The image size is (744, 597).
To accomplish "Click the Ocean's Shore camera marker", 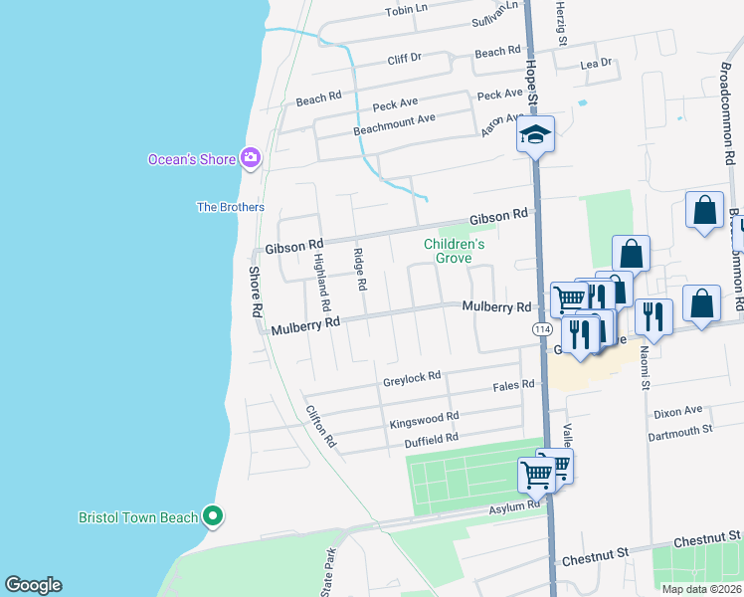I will (x=250, y=158).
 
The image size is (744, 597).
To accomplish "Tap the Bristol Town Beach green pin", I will (x=211, y=515).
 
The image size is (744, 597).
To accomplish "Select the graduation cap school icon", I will (x=535, y=135).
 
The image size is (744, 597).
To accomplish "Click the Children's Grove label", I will (x=454, y=250).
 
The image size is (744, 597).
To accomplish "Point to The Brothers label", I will (x=231, y=207).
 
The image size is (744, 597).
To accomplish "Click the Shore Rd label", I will (x=255, y=290).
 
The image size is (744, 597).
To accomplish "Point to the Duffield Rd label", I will (x=431, y=437).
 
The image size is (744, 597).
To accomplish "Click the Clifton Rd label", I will (x=321, y=425).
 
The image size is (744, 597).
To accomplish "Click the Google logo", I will (x=33, y=585).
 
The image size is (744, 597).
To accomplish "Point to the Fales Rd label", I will (x=514, y=384).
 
